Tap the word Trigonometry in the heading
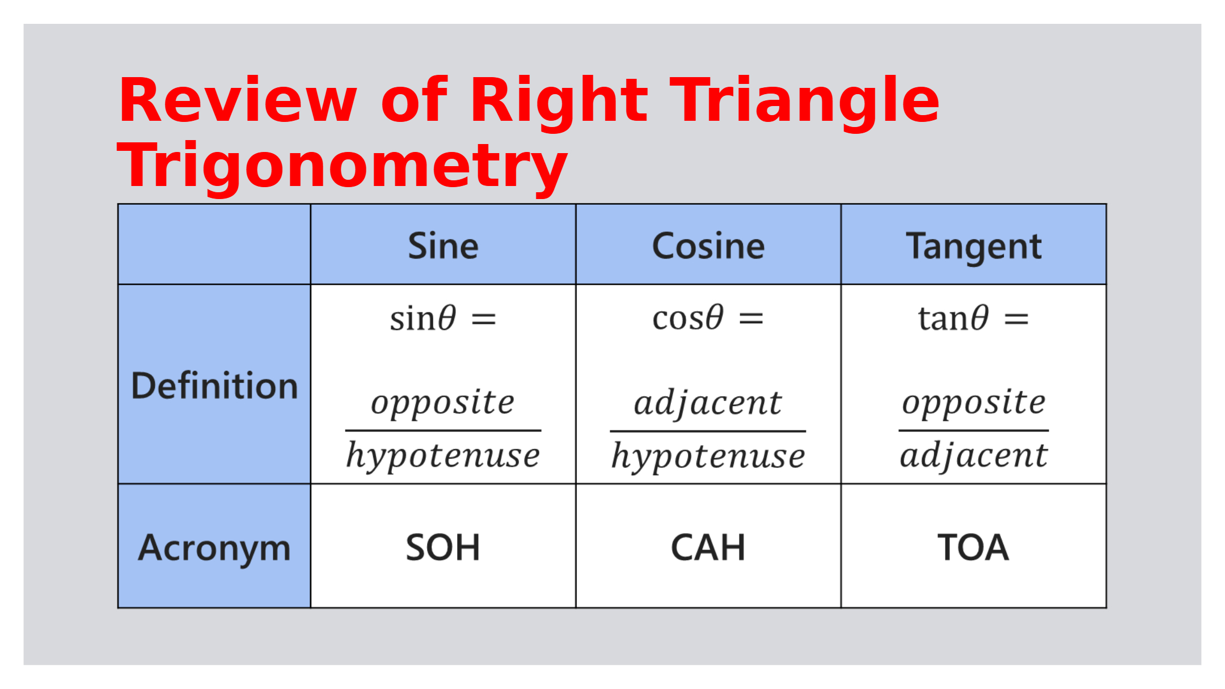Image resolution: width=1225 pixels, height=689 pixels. pyautogui.click(x=343, y=166)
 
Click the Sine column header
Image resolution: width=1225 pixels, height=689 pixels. pyautogui.click(x=443, y=246)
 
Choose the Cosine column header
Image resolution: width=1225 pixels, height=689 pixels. pyautogui.click(x=708, y=246)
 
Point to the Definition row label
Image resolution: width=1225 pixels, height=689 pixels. pyautogui.click(x=214, y=386)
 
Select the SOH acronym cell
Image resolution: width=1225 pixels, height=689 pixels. pyautogui.click(x=443, y=548)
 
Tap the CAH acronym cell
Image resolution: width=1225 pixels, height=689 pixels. pyautogui.click(x=708, y=548)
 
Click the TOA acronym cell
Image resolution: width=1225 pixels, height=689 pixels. pyautogui.click(x=973, y=548)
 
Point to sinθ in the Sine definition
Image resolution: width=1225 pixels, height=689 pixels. pyautogui.click(x=423, y=318)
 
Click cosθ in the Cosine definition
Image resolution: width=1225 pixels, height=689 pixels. pyautogui.click(x=688, y=318)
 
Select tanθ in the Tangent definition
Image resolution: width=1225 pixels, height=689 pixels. pyautogui.click(x=953, y=318)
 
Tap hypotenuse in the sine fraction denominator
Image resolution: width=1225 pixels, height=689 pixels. pyautogui.click(x=443, y=456)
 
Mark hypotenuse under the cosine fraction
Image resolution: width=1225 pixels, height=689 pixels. pyautogui.click(x=708, y=456)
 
